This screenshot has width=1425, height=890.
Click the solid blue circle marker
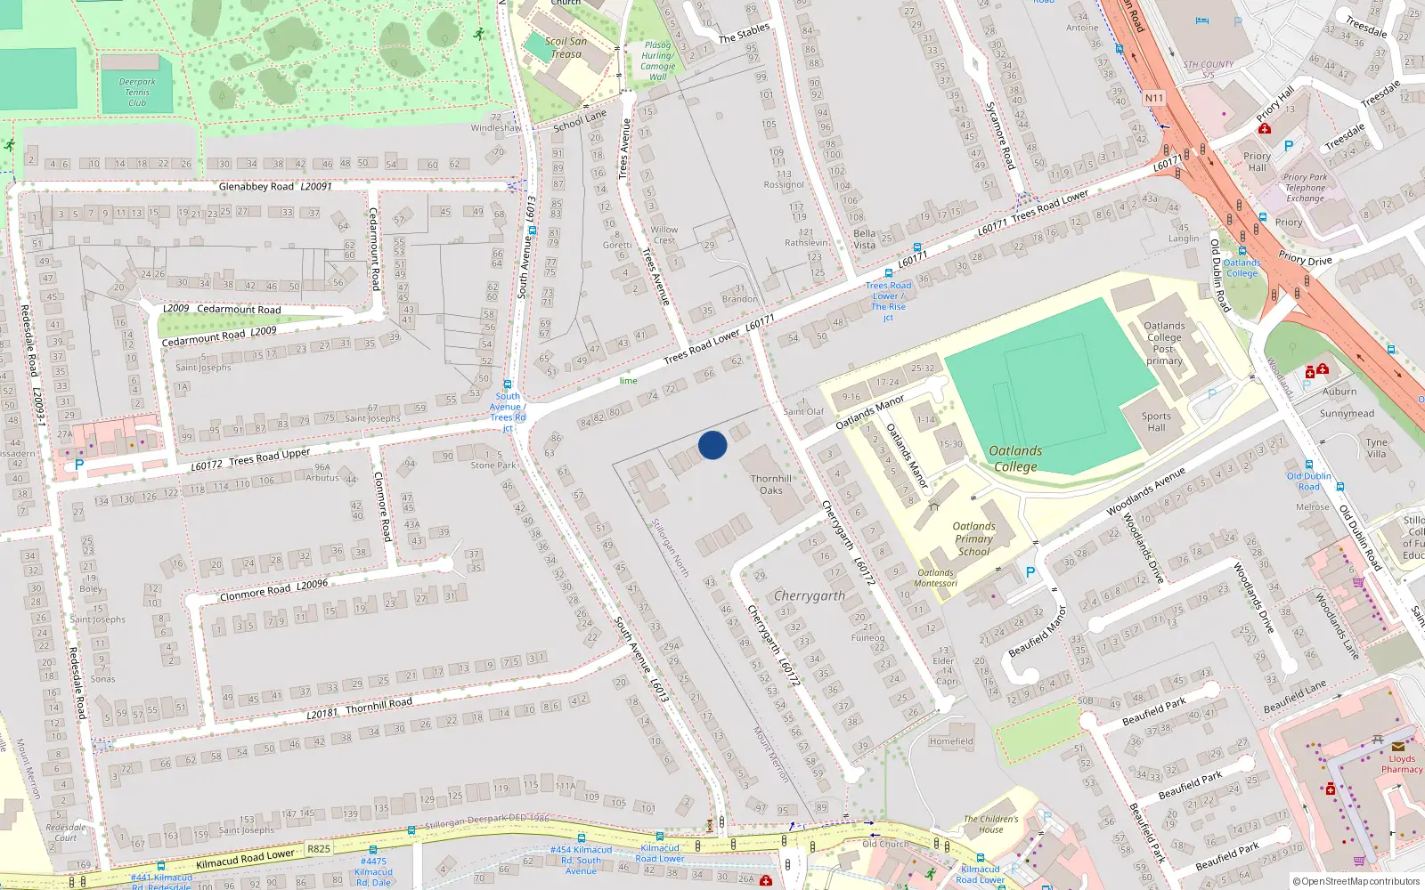[712, 445]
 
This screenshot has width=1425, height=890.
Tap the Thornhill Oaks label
[771, 484]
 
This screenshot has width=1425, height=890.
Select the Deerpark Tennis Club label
[137, 93]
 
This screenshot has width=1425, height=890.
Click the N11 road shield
[1154, 98]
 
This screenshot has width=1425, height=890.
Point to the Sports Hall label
[1156, 422]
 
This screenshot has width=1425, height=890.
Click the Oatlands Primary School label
[973, 538]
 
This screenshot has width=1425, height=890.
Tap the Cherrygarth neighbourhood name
[810, 595]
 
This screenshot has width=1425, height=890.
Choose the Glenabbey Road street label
[256, 187]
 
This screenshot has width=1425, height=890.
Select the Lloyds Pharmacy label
[1402, 764]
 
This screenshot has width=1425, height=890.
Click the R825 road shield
[319, 849]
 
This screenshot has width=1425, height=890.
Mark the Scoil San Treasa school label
[566, 47]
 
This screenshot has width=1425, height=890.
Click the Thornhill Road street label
[379, 705]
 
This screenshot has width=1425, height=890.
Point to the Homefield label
[951, 741]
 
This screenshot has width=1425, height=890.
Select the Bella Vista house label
[864, 239]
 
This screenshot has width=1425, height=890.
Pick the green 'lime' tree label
[628, 381]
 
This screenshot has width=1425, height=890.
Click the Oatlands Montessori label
[935, 578]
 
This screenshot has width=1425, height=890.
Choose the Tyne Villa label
[1377, 448]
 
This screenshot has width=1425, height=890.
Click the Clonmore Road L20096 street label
[273, 590]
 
